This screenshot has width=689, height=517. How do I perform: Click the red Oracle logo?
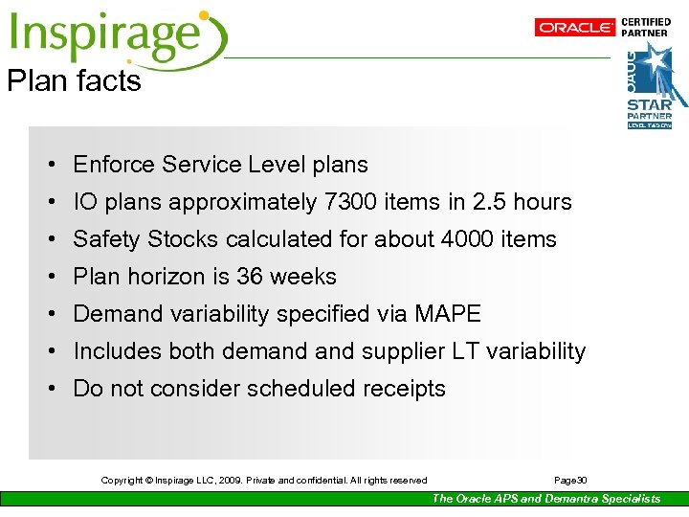[575, 28]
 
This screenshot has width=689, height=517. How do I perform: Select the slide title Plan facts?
[74, 81]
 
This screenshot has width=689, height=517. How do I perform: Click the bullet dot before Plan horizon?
[48, 277]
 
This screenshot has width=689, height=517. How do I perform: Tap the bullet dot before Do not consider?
[48, 389]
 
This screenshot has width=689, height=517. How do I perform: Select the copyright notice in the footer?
[264, 480]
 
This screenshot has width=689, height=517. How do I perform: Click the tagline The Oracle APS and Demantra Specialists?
[545, 498]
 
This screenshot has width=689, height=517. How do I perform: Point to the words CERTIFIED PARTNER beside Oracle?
[646, 27]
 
